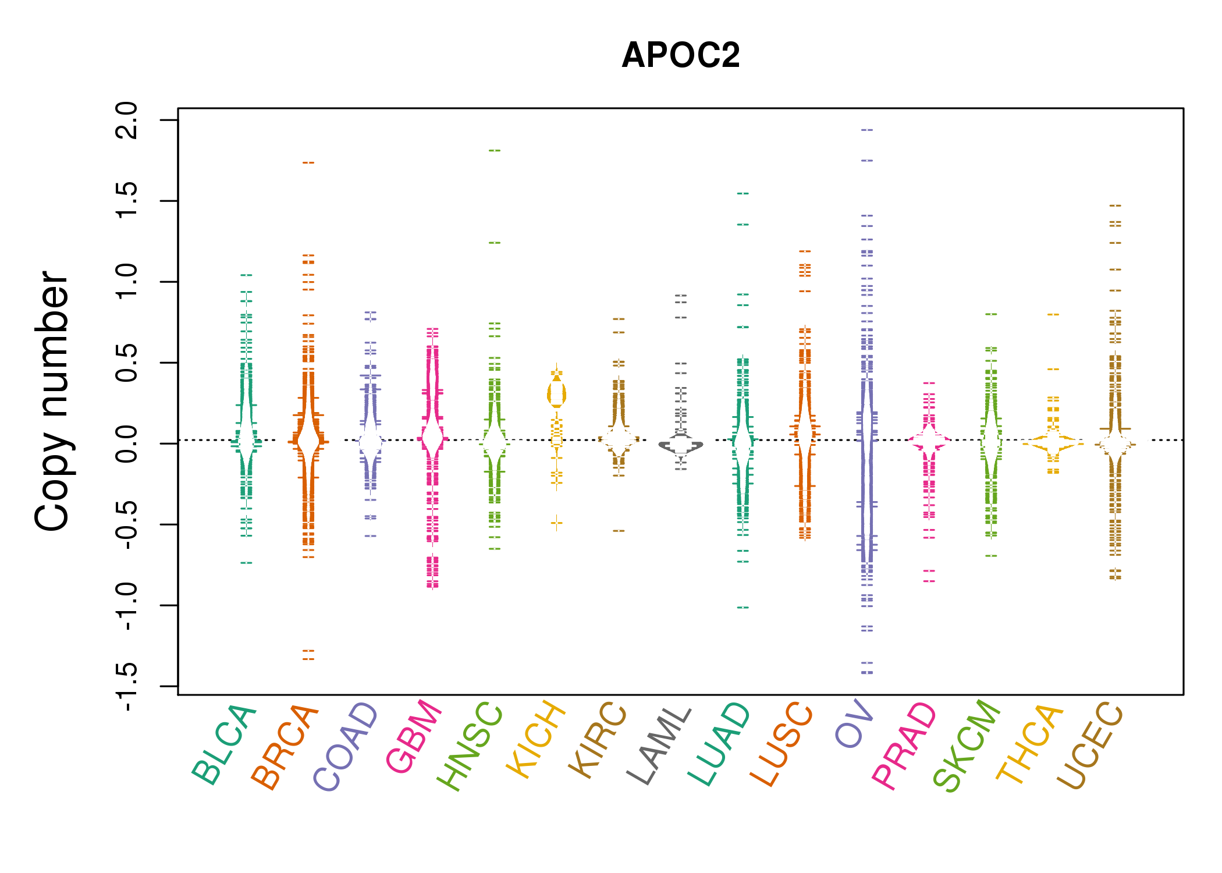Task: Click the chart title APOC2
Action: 680,56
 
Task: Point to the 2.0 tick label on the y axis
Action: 127,120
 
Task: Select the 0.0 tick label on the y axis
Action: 127,443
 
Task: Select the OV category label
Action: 854,724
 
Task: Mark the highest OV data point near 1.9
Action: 867,130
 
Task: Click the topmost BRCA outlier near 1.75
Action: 308,163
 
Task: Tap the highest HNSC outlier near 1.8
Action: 495,151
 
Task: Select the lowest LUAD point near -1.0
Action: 743,608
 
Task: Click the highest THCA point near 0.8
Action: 1053,315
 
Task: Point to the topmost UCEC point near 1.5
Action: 1115,206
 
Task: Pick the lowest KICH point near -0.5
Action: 557,522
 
